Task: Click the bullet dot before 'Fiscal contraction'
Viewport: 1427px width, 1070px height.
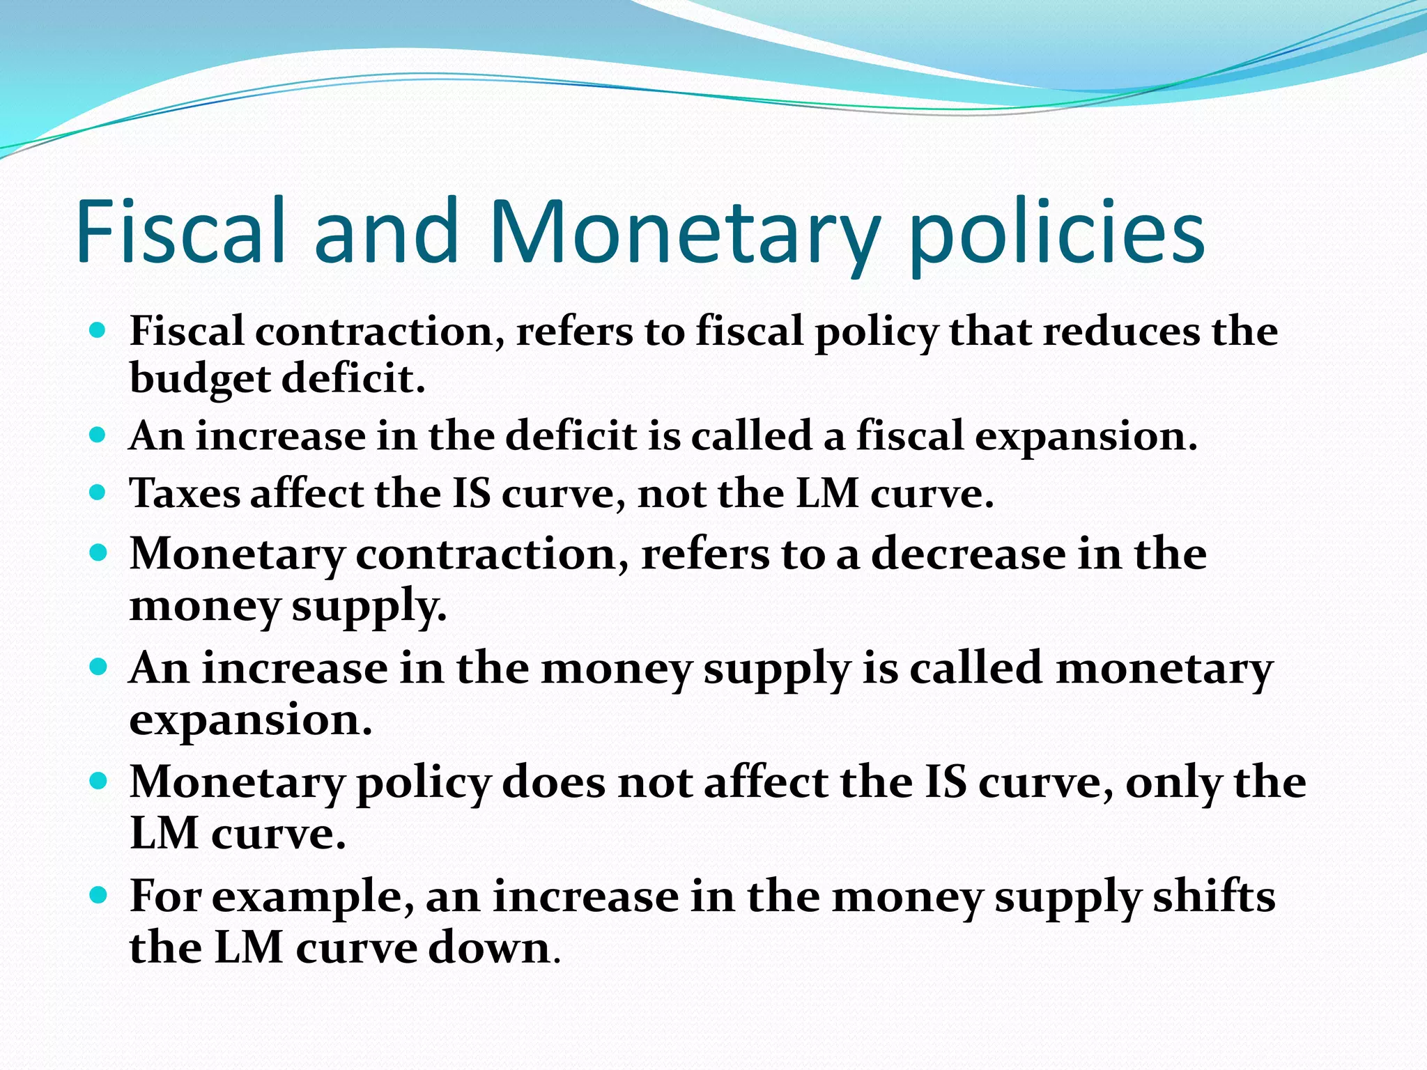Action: pyautogui.click(x=98, y=329)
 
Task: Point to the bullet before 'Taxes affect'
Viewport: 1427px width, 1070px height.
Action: pyautogui.click(x=98, y=493)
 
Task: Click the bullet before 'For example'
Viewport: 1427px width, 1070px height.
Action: pyautogui.click(x=98, y=894)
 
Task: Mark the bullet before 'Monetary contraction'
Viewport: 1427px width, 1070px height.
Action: pyautogui.click(x=98, y=553)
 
